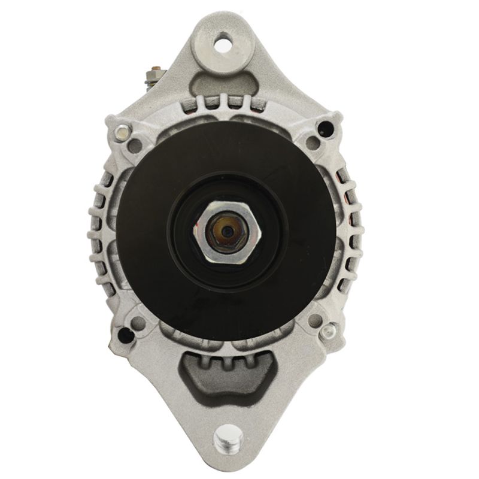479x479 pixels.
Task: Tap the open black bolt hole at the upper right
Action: click(x=324, y=128)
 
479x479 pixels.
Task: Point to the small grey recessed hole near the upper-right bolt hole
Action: click(x=311, y=143)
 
